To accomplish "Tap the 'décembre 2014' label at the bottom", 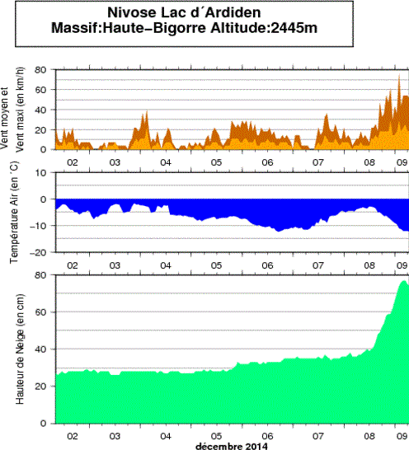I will (x=233, y=446).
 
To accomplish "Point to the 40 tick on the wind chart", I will (x=41, y=110).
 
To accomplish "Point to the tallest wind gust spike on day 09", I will (x=399, y=77).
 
